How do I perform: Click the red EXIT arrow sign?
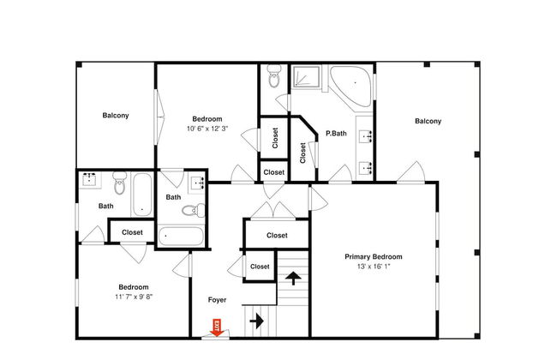(x=216, y=327)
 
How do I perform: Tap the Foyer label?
(x=217, y=300)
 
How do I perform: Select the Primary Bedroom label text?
(x=374, y=256)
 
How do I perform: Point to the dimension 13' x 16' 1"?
(x=374, y=267)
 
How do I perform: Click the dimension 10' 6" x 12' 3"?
(x=207, y=129)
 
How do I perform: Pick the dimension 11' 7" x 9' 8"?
(x=134, y=297)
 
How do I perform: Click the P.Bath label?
(x=336, y=133)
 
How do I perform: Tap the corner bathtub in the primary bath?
(x=351, y=86)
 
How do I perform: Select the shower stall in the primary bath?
(x=306, y=76)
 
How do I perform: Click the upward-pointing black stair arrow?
(x=293, y=278)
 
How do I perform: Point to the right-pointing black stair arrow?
(x=256, y=321)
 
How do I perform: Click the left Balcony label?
(x=116, y=115)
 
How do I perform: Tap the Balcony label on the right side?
(x=428, y=121)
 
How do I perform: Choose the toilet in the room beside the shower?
(x=274, y=76)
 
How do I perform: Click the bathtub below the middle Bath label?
(x=181, y=236)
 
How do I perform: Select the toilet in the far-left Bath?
(x=120, y=183)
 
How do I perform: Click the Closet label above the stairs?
(x=277, y=235)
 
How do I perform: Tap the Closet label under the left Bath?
(x=132, y=232)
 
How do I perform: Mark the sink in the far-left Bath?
(x=89, y=180)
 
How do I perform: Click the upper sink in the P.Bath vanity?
(x=366, y=136)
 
